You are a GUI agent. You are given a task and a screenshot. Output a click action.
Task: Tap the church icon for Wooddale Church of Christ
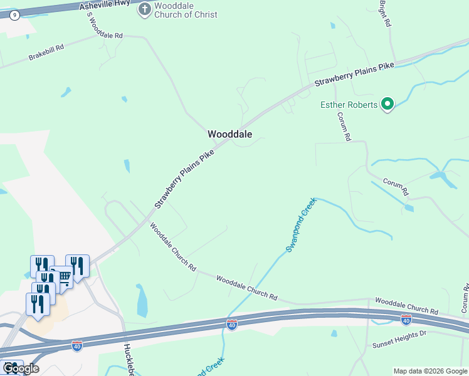[x=145, y=9]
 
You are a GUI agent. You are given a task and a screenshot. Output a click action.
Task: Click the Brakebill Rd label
[x=46, y=53]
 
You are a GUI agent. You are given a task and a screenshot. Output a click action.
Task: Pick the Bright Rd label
[x=386, y=13]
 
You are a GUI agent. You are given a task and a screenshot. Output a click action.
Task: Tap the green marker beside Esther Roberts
[x=387, y=104]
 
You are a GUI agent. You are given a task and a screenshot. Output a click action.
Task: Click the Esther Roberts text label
[x=349, y=105]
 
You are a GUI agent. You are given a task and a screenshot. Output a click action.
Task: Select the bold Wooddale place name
[x=229, y=134]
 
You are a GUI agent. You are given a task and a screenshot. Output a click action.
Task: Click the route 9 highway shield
[x=14, y=14]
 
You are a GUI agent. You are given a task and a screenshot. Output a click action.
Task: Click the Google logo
[x=20, y=368]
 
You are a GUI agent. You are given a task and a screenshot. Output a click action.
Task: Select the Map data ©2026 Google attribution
[x=430, y=371]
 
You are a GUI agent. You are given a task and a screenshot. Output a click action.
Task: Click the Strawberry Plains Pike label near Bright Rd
[x=354, y=73]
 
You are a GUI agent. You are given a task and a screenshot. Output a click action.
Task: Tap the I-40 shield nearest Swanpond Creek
[x=232, y=326]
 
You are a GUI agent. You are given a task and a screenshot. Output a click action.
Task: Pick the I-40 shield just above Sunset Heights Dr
[x=406, y=320]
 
